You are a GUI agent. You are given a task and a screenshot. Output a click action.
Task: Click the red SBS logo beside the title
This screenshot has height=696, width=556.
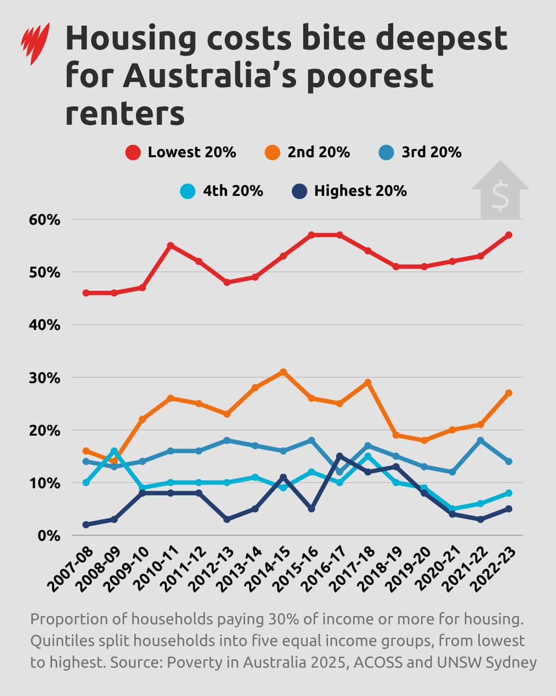click(35, 44)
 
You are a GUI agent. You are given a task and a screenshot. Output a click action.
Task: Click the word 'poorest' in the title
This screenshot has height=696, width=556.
click(370, 76)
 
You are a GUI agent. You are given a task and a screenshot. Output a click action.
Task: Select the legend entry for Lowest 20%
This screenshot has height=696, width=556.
click(181, 153)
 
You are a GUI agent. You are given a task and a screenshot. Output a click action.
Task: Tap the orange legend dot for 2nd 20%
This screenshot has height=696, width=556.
click(272, 153)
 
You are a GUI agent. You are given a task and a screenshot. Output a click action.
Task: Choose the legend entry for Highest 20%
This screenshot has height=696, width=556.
click(350, 191)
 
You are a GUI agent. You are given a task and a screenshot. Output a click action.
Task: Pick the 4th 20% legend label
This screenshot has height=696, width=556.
click(233, 191)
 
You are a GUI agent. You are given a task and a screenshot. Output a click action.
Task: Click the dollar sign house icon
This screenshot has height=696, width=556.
click(500, 191)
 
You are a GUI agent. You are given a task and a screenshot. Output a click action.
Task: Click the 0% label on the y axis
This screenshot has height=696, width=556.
click(49, 536)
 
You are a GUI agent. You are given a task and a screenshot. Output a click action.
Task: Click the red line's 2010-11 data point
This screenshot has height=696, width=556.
click(170, 245)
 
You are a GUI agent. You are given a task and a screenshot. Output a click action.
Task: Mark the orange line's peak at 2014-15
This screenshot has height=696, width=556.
click(283, 372)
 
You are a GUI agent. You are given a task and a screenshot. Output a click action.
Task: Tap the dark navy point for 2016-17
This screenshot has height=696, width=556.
click(339, 456)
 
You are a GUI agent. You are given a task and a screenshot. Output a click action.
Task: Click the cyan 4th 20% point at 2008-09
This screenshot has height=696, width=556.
click(114, 451)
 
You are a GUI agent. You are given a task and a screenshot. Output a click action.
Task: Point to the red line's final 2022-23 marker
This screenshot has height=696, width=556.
click(509, 235)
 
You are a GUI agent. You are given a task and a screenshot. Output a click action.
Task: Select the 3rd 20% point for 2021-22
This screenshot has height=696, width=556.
click(480, 440)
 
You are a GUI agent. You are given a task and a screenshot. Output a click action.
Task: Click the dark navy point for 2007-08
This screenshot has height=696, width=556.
click(86, 525)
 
